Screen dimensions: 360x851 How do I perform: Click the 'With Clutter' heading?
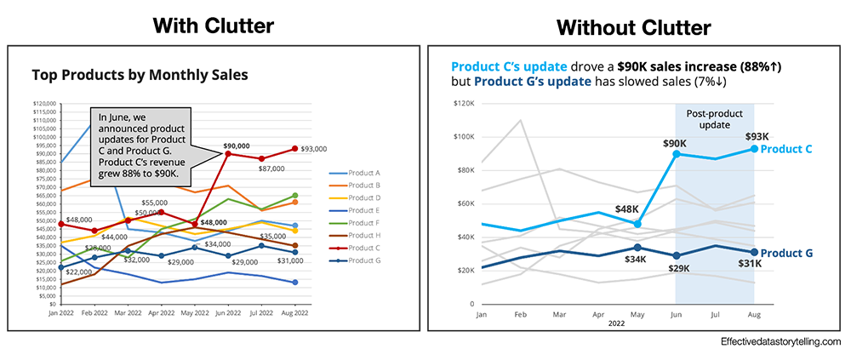[214, 26]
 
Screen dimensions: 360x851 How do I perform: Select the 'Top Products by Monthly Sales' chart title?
[140, 75]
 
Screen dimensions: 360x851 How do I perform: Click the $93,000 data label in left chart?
[314, 150]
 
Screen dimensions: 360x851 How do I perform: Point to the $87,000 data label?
[271, 169]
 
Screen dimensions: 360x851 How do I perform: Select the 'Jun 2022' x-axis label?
[226, 313]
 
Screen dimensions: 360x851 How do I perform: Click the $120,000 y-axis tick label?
[43, 104]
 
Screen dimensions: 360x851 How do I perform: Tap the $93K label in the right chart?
[757, 136]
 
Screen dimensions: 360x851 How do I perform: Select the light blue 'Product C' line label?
[786, 149]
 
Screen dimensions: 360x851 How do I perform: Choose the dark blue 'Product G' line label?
[786, 253]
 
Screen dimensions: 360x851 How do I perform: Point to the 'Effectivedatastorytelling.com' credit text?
[779, 341]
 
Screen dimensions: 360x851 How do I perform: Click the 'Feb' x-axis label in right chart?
[519, 314]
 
